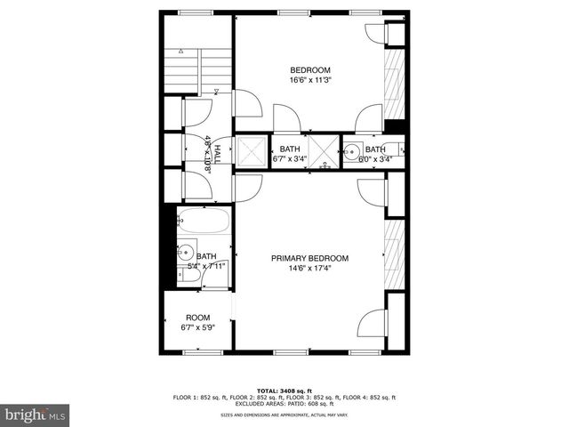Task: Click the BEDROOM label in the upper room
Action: point(309,70)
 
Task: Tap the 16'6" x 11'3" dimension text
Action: point(309,80)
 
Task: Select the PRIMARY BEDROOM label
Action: point(309,258)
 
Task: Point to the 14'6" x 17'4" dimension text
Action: point(309,268)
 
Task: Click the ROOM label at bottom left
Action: point(197,318)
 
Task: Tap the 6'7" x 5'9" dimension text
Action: point(197,327)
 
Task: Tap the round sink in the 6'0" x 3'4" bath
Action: point(352,151)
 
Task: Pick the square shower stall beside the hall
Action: point(252,151)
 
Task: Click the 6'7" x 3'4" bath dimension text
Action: point(291,159)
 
